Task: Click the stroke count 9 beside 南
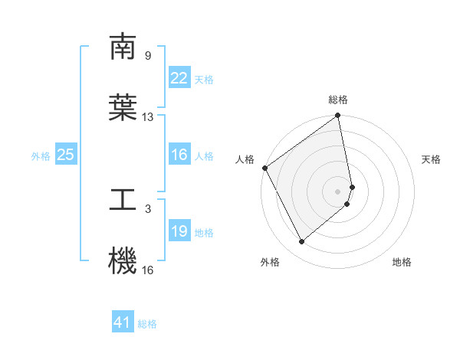click(148, 56)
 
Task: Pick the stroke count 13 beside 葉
click(148, 117)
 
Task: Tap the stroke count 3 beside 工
click(148, 208)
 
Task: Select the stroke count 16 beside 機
click(148, 270)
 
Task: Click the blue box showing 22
click(179, 78)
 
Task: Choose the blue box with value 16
click(179, 155)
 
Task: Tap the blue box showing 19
click(179, 231)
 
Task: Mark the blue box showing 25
click(66, 155)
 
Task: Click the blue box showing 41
click(123, 322)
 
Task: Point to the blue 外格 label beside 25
click(41, 155)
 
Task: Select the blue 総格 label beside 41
click(147, 324)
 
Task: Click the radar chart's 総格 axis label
click(338, 100)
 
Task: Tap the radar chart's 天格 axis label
click(432, 159)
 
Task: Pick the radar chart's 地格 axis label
click(402, 263)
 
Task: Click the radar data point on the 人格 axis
click(264, 168)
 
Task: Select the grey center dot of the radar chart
click(338, 191)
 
